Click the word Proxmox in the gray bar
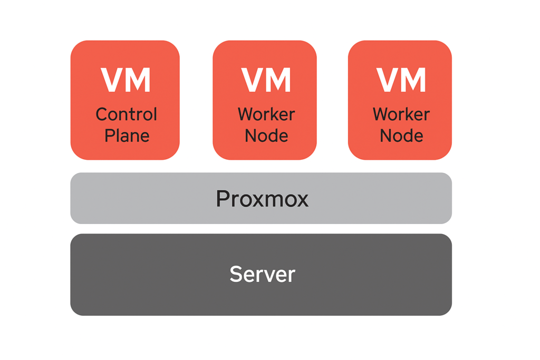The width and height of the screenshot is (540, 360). click(262, 199)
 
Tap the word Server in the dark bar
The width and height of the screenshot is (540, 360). click(262, 274)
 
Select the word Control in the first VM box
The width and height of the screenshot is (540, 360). click(126, 114)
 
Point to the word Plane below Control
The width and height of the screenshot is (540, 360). click(127, 135)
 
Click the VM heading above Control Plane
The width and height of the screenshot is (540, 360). click(126, 80)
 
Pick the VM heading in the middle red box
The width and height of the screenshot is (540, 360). click(266, 80)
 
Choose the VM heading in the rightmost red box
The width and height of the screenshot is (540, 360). click(401, 80)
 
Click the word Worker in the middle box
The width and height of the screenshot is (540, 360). click(266, 114)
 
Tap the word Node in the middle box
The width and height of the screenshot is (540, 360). click(266, 135)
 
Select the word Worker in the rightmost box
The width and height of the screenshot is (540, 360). click(401, 114)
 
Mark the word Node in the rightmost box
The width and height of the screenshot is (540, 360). click(401, 135)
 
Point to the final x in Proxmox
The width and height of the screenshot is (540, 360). click(303, 200)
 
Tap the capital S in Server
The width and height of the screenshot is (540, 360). click(235, 274)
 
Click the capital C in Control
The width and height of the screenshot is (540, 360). click(102, 114)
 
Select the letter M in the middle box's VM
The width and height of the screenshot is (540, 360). click(279, 80)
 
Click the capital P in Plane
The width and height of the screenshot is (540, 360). click(110, 135)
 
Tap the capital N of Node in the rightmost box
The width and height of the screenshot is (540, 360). click(386, 135)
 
